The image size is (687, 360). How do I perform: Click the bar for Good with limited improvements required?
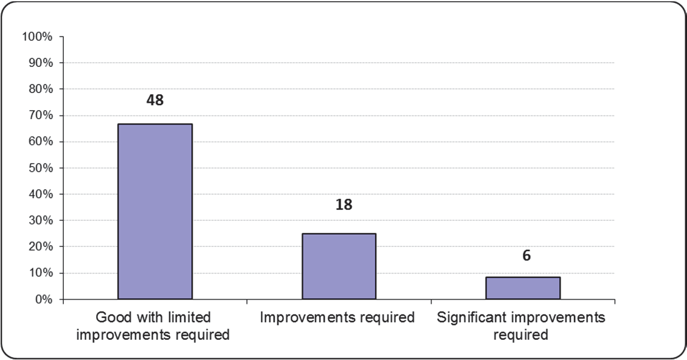(x=155, y=212)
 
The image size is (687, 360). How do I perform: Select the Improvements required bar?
(x=339, y=266)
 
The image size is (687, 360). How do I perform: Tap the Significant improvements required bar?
(x=523, y=288)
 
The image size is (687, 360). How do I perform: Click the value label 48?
(x=155, y=100)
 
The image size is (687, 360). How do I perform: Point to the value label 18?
(x=343, y=204)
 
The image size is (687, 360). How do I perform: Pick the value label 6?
(x=526, y=255)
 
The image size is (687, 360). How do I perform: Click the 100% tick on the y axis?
(x=38, y=36)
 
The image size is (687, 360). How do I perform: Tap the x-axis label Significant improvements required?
(x=521, y=326)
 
